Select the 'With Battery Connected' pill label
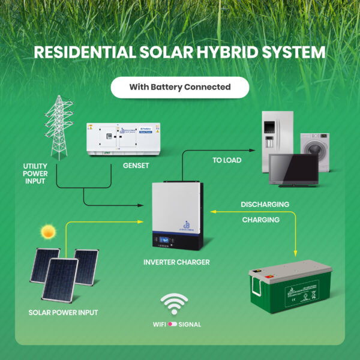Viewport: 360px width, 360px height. [180, 87]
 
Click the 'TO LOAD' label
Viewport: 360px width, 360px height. [227, 161]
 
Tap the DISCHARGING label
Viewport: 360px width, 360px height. [265, 205]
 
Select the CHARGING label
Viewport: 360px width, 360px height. [260, 220]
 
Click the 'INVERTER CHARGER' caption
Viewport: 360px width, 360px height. [176, 262]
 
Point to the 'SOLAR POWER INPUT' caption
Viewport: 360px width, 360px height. [63, 313]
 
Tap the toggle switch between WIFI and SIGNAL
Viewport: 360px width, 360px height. [173, 325]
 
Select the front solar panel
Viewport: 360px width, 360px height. [60, 278]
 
